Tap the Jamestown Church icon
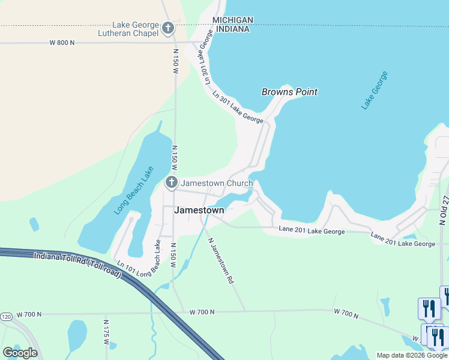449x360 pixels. click(x=172, y=182)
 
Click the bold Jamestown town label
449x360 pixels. click(x=199, y=211)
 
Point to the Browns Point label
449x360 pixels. click(x=289, y=92)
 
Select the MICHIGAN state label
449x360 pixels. click(x=233, y=20)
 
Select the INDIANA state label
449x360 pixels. click(x=233, y=29)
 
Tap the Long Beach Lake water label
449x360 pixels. click(x=131, y=191)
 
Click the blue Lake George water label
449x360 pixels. click(x=375, y=90)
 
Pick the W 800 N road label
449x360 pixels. click(x=62, y=43)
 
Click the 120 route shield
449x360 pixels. click(x=6, y=316)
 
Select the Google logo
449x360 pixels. click(x=20, y=353)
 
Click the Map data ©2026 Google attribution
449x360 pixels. click(x=412, y=355)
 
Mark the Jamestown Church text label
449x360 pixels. click(x=217, y=182)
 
